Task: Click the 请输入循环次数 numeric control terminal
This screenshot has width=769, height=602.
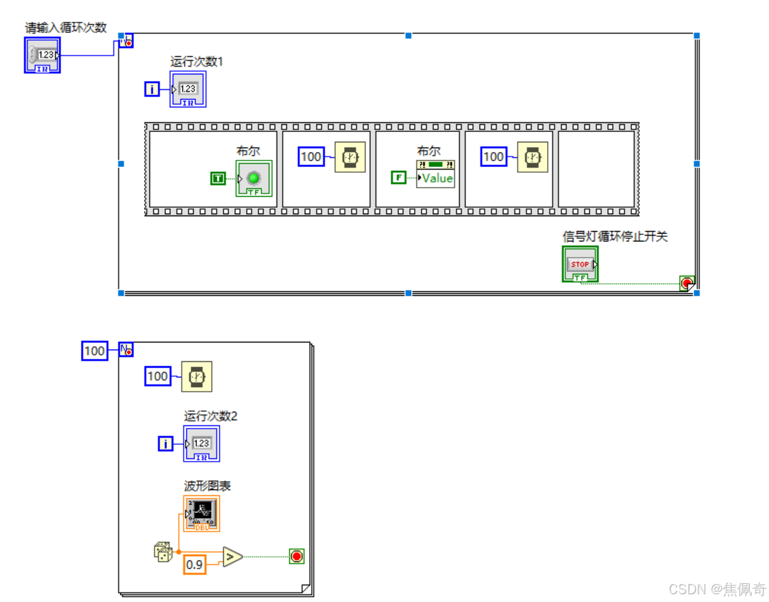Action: point(43,55)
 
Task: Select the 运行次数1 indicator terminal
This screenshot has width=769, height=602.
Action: point(188,89)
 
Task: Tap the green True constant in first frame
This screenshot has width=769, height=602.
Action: point(218,178)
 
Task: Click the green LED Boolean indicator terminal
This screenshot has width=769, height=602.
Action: point(254,178)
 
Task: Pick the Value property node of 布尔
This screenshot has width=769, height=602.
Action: point(436,175)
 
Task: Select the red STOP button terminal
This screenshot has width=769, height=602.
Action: point(580,264)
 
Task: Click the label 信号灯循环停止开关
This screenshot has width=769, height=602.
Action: point(614,237)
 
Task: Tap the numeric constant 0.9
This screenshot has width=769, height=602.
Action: point(194,565)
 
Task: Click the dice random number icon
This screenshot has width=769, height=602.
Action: point(162,552)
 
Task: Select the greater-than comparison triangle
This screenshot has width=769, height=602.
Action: point(232,556)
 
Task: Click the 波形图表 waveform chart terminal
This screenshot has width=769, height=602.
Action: point(201,513)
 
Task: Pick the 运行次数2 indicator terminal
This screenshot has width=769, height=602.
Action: point(201,443)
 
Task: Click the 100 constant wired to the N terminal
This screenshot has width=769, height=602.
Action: point(95,351)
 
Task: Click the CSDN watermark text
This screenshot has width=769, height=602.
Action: point(717,589)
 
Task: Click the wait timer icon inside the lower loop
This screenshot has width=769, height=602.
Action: point(197,377)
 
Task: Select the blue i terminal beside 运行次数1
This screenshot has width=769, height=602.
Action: point(151,89)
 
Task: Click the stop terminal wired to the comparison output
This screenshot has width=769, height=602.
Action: point(296,556)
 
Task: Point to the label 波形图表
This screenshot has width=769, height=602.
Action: point(207,486)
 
